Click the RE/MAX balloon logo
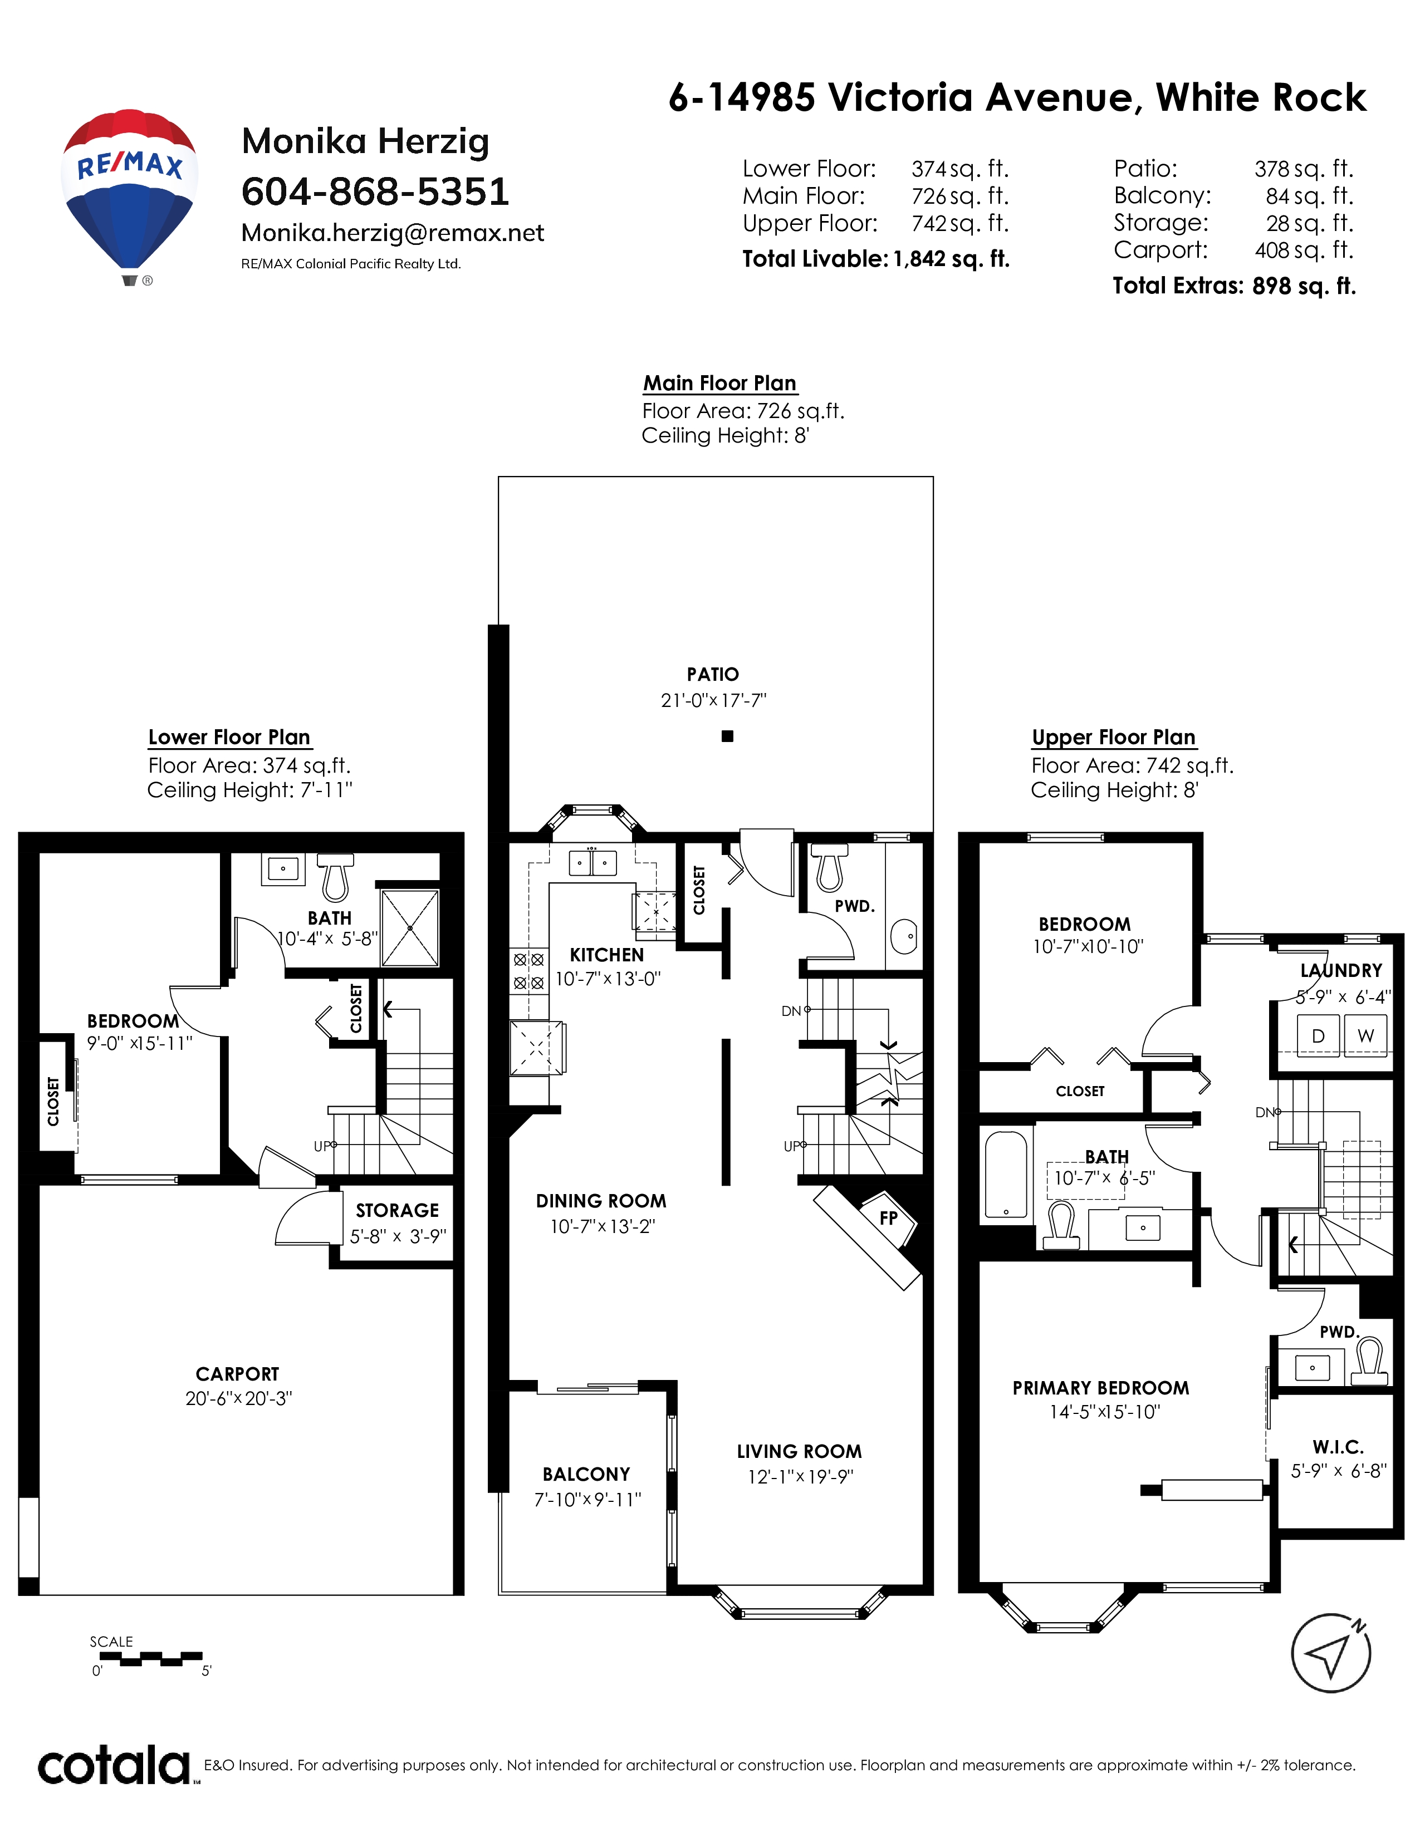point(130,197)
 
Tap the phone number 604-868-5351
point(375,192)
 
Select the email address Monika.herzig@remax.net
point(393,233)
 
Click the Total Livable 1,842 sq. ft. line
point(876,259)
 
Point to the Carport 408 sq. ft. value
point(1304,250)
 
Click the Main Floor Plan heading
point(719,384)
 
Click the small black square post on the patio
point(728,736)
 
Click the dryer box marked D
point(1318,1035)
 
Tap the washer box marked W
point(1365,1035)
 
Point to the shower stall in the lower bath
point(410,928)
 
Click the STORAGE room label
point(397,1210)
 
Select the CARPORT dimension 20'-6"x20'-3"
point(238,1398)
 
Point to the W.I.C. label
point(1338,1447)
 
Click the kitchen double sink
point(593,863)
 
